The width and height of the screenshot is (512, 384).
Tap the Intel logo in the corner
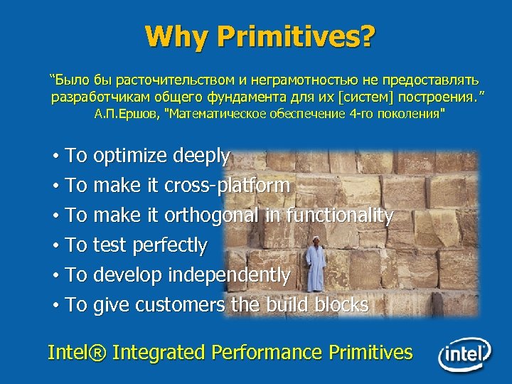point(464,353)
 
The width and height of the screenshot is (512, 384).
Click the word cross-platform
point(227,186)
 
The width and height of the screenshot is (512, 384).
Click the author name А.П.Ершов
point(127,113)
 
